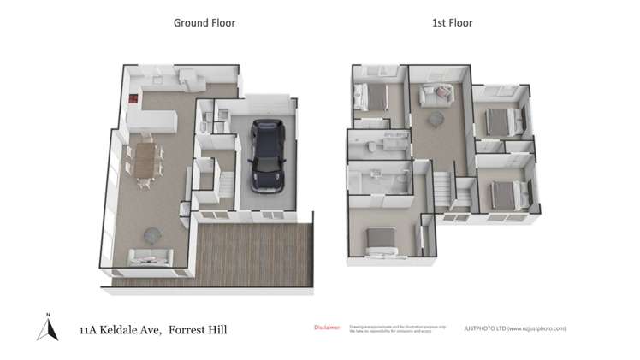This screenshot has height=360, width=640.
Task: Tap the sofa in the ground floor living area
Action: [149, 256]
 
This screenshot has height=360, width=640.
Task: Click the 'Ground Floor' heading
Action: [204, 23]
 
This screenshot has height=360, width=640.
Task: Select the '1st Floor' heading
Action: [452, 23]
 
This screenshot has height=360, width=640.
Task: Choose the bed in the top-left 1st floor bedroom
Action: [371, 95]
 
